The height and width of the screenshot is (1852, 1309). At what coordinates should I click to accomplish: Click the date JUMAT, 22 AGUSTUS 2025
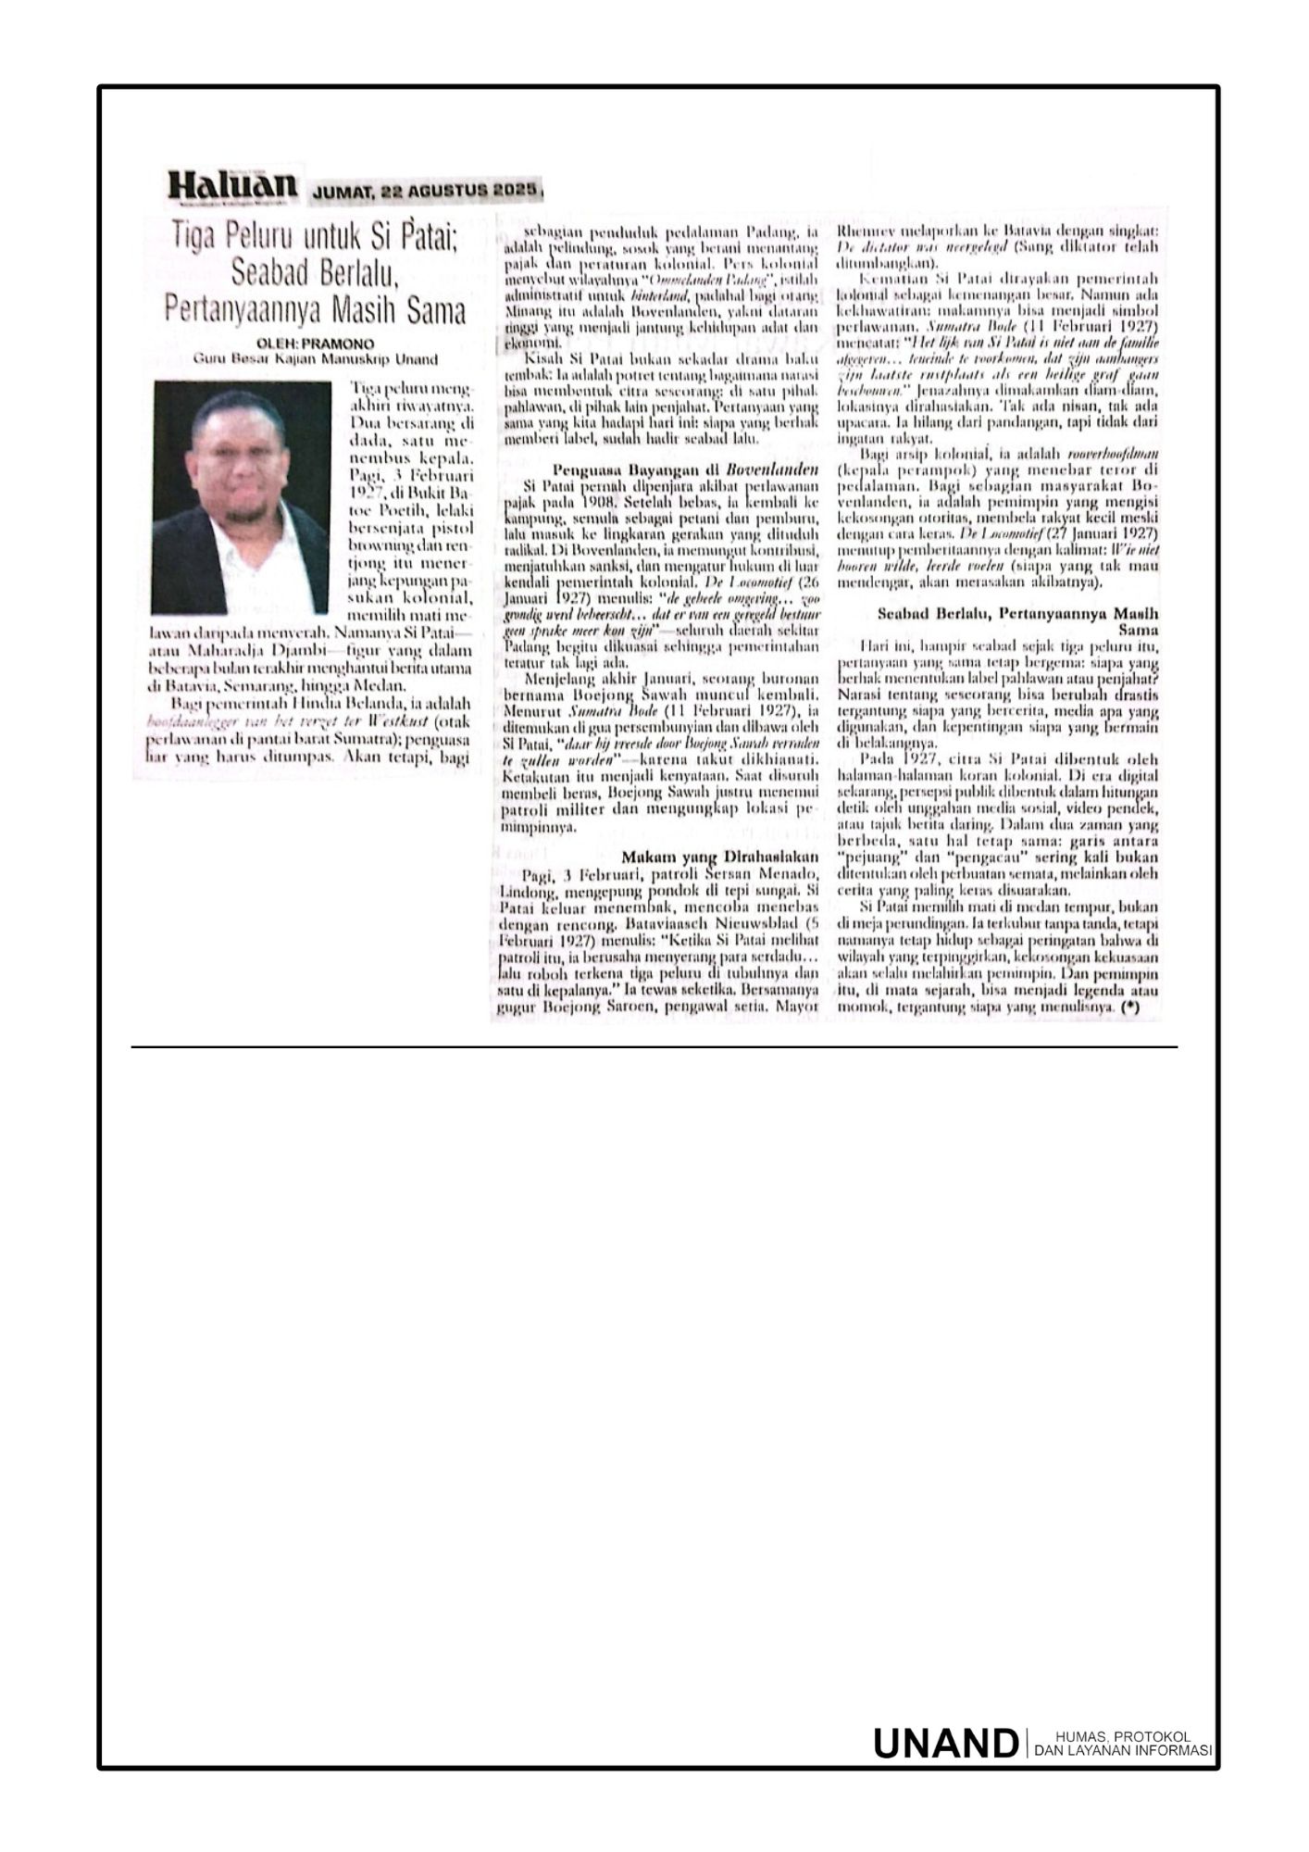[425, 190]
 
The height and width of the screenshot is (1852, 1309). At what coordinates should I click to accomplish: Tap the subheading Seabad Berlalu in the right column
[1017, 613]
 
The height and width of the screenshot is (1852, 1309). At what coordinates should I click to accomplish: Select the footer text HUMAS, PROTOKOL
[1120, 1736]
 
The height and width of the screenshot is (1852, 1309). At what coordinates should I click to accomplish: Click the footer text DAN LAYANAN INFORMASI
[1122, 1750]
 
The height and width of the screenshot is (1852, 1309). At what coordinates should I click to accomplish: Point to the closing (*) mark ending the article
[1128, 1007]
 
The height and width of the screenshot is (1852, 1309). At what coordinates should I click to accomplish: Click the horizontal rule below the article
[654, 1047]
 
